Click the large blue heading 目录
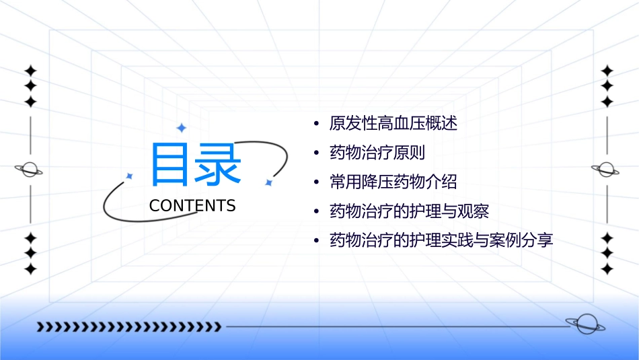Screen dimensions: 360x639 pos(196,164)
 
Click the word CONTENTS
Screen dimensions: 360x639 pos(192,206)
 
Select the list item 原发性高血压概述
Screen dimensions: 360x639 pos(393,124)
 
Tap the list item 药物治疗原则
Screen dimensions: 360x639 pos(377,153)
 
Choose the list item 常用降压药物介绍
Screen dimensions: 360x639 pos(393,182)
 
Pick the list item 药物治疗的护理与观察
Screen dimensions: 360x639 pos(409,211)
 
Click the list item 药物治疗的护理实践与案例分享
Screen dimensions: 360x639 pos(441,240)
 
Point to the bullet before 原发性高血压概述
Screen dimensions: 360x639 pos(316,124)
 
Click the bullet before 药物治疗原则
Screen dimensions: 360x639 pos(316,153)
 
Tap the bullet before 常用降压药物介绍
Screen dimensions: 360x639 pos(316,182)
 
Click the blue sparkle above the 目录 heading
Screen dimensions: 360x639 pos(180,128)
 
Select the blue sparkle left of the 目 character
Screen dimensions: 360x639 pos(129,176)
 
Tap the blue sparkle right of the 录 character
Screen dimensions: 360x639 pos(268,182)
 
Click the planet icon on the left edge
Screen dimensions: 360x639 pos(30,170)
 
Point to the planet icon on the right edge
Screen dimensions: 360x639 pos(606,170)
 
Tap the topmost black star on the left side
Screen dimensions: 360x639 pos(30,71)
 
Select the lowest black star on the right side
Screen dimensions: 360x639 pos(607,269)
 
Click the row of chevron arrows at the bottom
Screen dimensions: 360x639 pos(128,327)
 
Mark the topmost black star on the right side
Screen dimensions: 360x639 pos(607,71)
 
